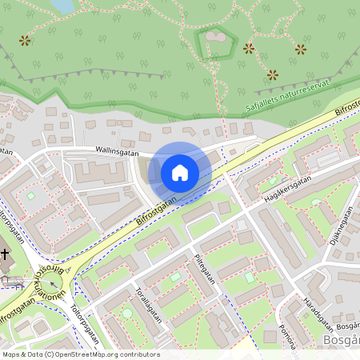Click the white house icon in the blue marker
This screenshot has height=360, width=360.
(180, 173)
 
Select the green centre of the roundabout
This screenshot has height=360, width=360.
(54, 286)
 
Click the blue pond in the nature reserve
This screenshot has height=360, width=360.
(62, 6)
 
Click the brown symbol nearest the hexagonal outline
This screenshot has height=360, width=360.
(249, 48)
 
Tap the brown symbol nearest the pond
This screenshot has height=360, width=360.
(25, 40)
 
